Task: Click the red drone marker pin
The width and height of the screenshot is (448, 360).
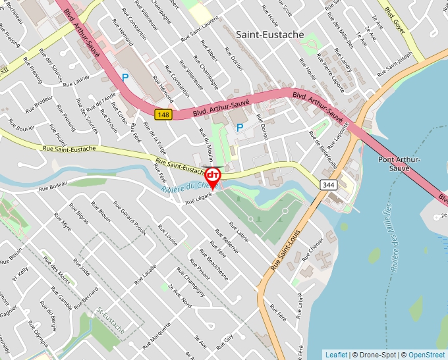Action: pos(213,176)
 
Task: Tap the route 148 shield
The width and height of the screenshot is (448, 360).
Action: pos(163,115)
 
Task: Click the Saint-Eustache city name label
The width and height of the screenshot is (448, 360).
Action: pos(270,34)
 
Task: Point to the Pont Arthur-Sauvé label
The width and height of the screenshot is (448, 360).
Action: pos(400,163)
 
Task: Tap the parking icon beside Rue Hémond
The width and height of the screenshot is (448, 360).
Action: pos(125,78)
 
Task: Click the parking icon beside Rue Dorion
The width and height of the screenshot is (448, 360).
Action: pos(240,127)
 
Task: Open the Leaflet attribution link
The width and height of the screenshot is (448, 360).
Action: pos(336,355)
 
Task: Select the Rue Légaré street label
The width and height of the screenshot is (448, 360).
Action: pos(198,197)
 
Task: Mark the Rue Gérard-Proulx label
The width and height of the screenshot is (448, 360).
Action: pos(129,219)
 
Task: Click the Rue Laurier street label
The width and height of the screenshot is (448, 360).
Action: pos(76,82)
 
